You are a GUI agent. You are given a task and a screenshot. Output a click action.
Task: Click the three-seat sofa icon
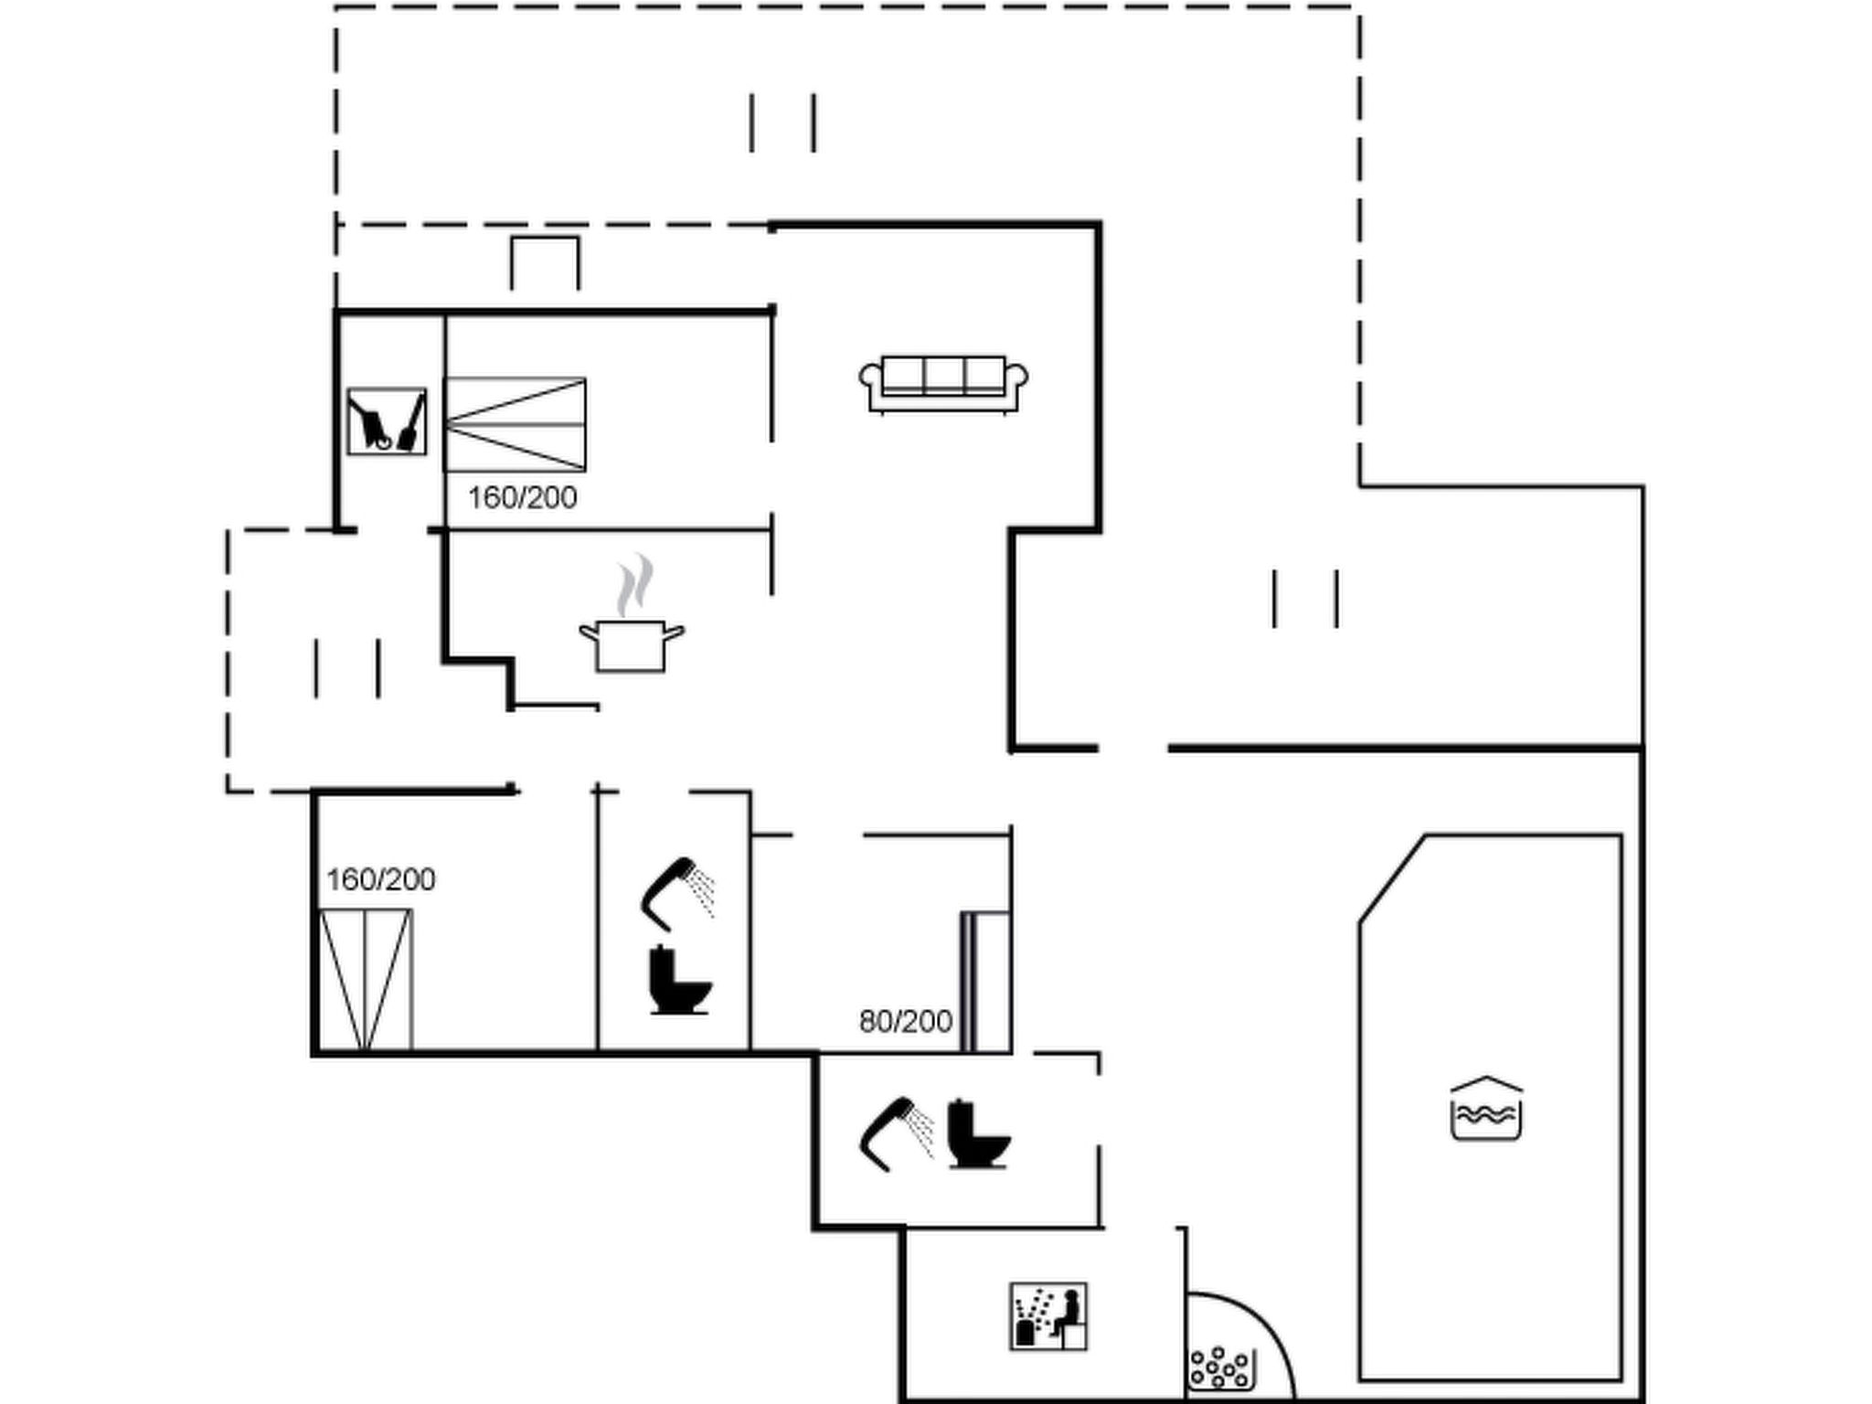[943, 384]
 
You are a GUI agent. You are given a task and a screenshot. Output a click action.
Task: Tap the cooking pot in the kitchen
[631, 645]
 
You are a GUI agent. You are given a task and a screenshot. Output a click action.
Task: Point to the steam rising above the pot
[634, 584]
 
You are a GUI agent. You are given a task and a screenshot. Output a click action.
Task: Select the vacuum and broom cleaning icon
[387, 421]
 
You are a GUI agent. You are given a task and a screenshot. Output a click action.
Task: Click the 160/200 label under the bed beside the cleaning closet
[523, 498]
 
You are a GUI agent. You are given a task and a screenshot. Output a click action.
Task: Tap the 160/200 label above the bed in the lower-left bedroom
[381, 879]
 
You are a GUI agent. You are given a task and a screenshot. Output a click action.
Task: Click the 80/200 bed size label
[906, 1021]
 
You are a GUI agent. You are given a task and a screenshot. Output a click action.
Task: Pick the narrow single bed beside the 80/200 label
[985, 982]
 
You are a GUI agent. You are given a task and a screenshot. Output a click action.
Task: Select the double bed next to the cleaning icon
[516, 424]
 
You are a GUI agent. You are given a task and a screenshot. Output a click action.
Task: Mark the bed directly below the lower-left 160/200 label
[366, 980]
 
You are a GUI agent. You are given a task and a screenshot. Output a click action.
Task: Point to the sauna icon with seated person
[1048, 1316]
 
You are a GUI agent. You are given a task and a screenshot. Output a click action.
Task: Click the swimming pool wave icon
[1486, 1109]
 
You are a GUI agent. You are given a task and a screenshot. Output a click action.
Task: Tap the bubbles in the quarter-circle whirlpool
[1219, 1368]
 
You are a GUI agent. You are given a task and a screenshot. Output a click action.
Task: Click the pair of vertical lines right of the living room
[1305, 599]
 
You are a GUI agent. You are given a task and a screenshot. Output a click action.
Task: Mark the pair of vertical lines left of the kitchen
[347, 668]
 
